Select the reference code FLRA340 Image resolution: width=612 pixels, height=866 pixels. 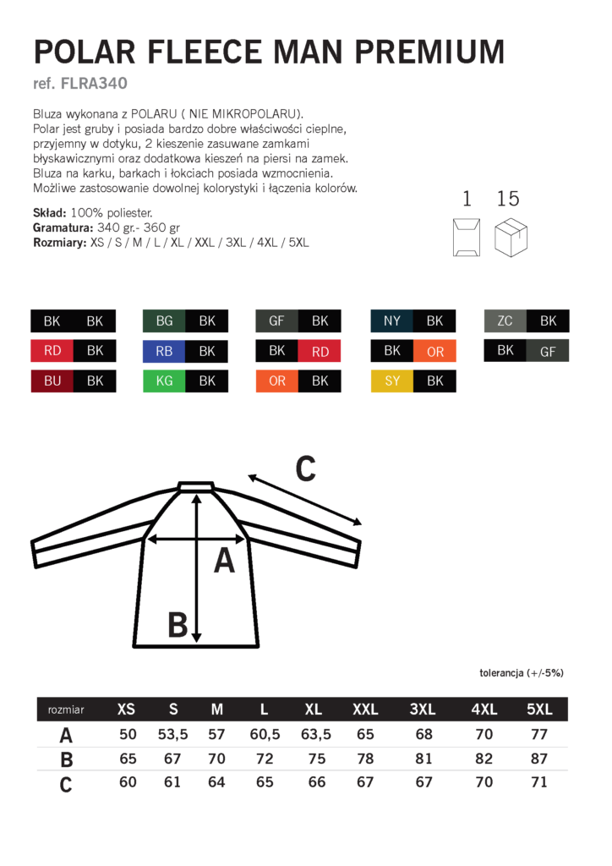[x=95, y=84]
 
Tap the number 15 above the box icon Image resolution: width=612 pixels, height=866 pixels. [x=508, y=199]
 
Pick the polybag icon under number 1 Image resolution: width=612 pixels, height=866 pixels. [x=466, y=237]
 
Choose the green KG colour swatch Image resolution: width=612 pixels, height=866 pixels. [x=164, y=381]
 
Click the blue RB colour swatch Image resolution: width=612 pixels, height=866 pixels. [x=164, y=351]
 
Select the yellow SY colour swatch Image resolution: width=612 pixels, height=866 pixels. [x=392, y=381]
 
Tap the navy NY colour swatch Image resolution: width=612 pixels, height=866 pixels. [x=392, y=321]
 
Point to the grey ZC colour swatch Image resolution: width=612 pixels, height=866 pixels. [x=505, y=321]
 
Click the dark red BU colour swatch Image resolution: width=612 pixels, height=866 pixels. [x=52, y=381]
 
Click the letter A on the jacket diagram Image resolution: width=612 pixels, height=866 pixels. [x=224, y=561]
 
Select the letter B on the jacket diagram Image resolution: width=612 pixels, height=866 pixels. [x=177, y=626]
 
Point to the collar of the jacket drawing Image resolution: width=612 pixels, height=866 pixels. [x=196, y=486]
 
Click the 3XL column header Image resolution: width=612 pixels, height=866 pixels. [x=423, y=710]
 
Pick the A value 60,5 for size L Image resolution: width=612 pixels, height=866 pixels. [x=265, y=734]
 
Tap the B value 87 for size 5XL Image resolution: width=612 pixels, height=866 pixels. [x=539, y=759]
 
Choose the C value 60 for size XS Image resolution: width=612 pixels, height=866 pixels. [x=128, y=782]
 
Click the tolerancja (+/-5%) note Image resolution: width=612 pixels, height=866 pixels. [x=521, y=673]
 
